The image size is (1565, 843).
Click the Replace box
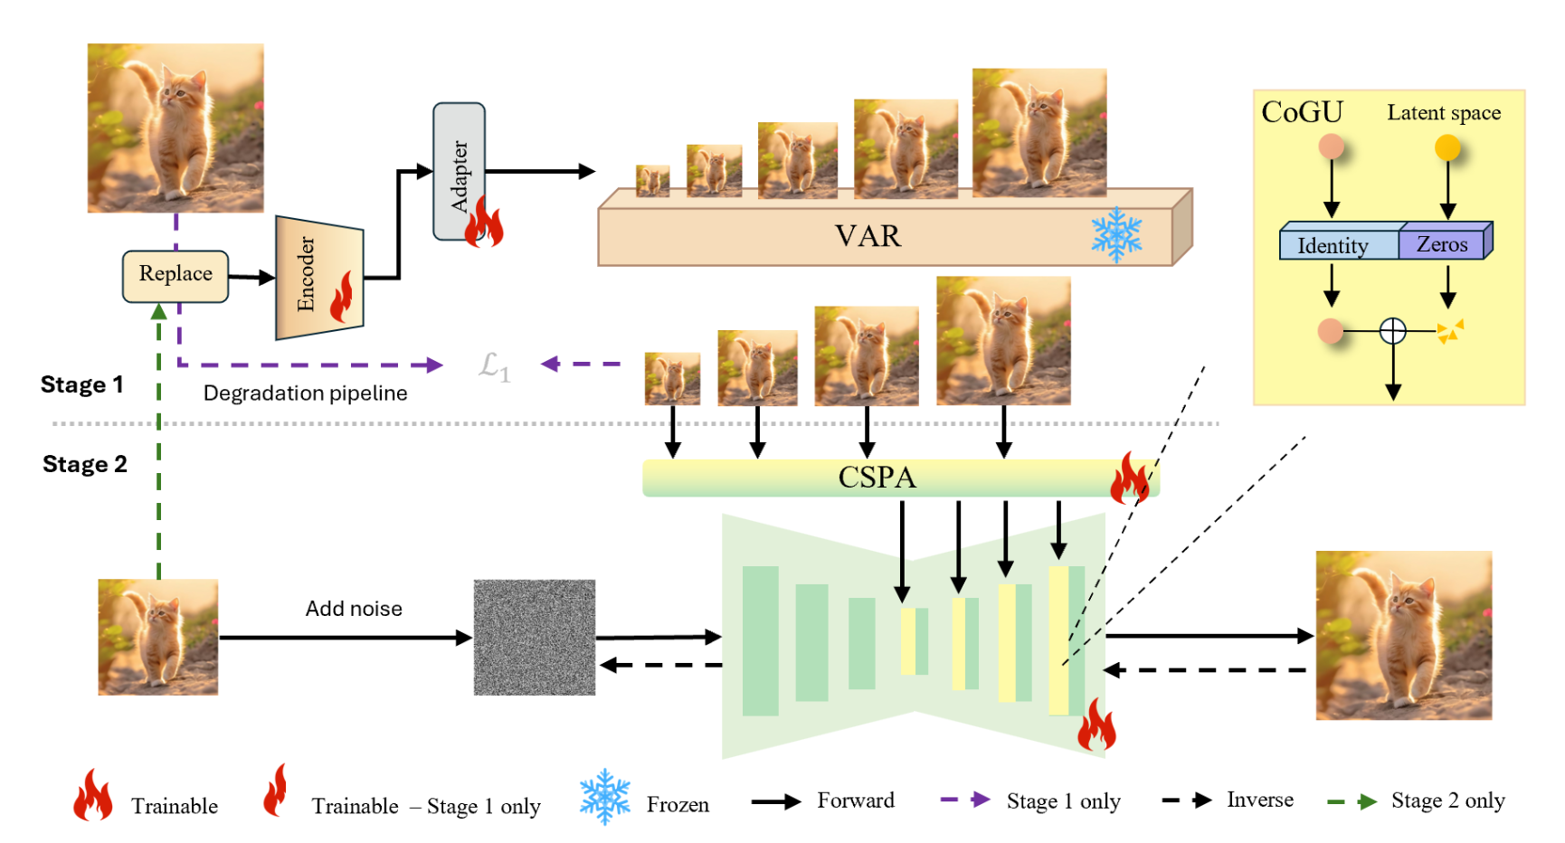tap(175, 275)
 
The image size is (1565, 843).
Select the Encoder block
tap(318, 277)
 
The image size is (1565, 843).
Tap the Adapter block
tap(459, 172)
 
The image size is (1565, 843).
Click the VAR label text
tap(868, 236)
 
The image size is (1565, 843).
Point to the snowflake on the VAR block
tap(1116, 235)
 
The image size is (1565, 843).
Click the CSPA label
tap(877, 478)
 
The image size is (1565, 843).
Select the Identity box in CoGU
tap(1333, 245)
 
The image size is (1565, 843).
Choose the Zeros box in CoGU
tap(1442, 244)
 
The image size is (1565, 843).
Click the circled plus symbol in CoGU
tap(1393, 331)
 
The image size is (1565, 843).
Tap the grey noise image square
tap(535, 638)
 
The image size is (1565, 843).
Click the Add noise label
tap(354, 609)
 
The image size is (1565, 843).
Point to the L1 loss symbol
tap(494, 365)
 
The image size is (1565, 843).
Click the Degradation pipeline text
tap(305, 393)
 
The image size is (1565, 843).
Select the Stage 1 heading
tap(81, 385)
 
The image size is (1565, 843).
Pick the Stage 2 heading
tap(84, 465)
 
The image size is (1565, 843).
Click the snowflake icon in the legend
tap(604, 798)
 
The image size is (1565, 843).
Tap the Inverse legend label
tap(1259, 800)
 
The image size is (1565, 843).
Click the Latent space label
tap(1444, 113)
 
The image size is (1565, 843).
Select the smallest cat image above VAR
tap(652, 181)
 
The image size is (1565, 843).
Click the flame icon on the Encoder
tap(342, 298)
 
